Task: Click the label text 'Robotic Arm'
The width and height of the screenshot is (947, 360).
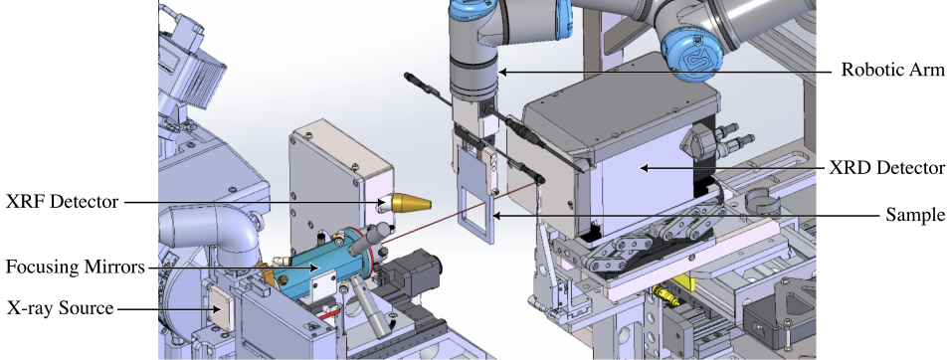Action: (892, 70)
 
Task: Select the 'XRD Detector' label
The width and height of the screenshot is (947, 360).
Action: (887, 167)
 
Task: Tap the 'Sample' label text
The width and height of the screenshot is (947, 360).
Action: (915, 215)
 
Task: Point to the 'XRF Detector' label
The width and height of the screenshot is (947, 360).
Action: (63, 202)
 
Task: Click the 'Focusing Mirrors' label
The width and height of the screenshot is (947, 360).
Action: (76, 267)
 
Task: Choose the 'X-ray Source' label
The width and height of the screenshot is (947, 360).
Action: (61, 308)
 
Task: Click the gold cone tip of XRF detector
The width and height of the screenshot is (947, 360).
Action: (429, 203)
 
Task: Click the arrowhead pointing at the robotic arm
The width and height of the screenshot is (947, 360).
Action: (502, 72)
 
